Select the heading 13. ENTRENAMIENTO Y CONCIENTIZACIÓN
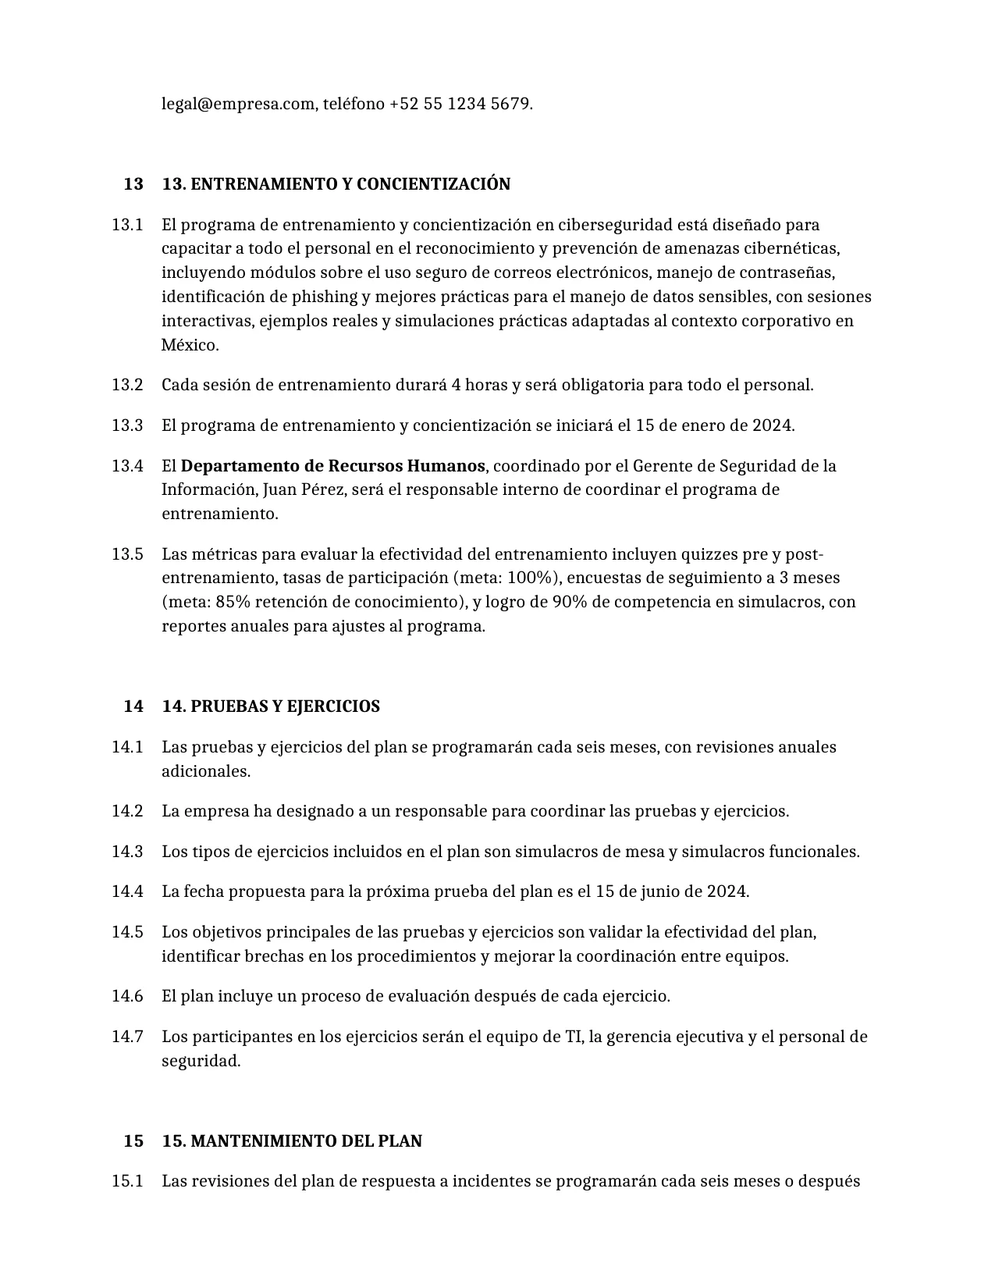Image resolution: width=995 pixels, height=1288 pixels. (x=336, y=184)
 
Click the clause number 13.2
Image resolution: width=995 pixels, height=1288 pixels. (x=127, y=385)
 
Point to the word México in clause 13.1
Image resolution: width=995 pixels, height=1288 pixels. (x=190, y=345)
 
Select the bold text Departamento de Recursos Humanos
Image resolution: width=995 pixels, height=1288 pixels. (x=333, y=466)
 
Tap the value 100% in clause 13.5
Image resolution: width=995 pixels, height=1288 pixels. (x=533, y=578)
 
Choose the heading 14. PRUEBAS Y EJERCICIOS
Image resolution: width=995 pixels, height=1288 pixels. (x=271, y=706)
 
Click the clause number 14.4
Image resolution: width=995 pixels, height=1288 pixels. (x=127, y=891)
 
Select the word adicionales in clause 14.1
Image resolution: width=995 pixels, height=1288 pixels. (x=206, y=771)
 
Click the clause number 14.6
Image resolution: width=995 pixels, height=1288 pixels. (x=127, y=996)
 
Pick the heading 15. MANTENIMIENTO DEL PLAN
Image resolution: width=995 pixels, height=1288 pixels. (x=292, y=1141)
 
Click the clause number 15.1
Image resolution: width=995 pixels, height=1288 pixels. (x=127, y=1181)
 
